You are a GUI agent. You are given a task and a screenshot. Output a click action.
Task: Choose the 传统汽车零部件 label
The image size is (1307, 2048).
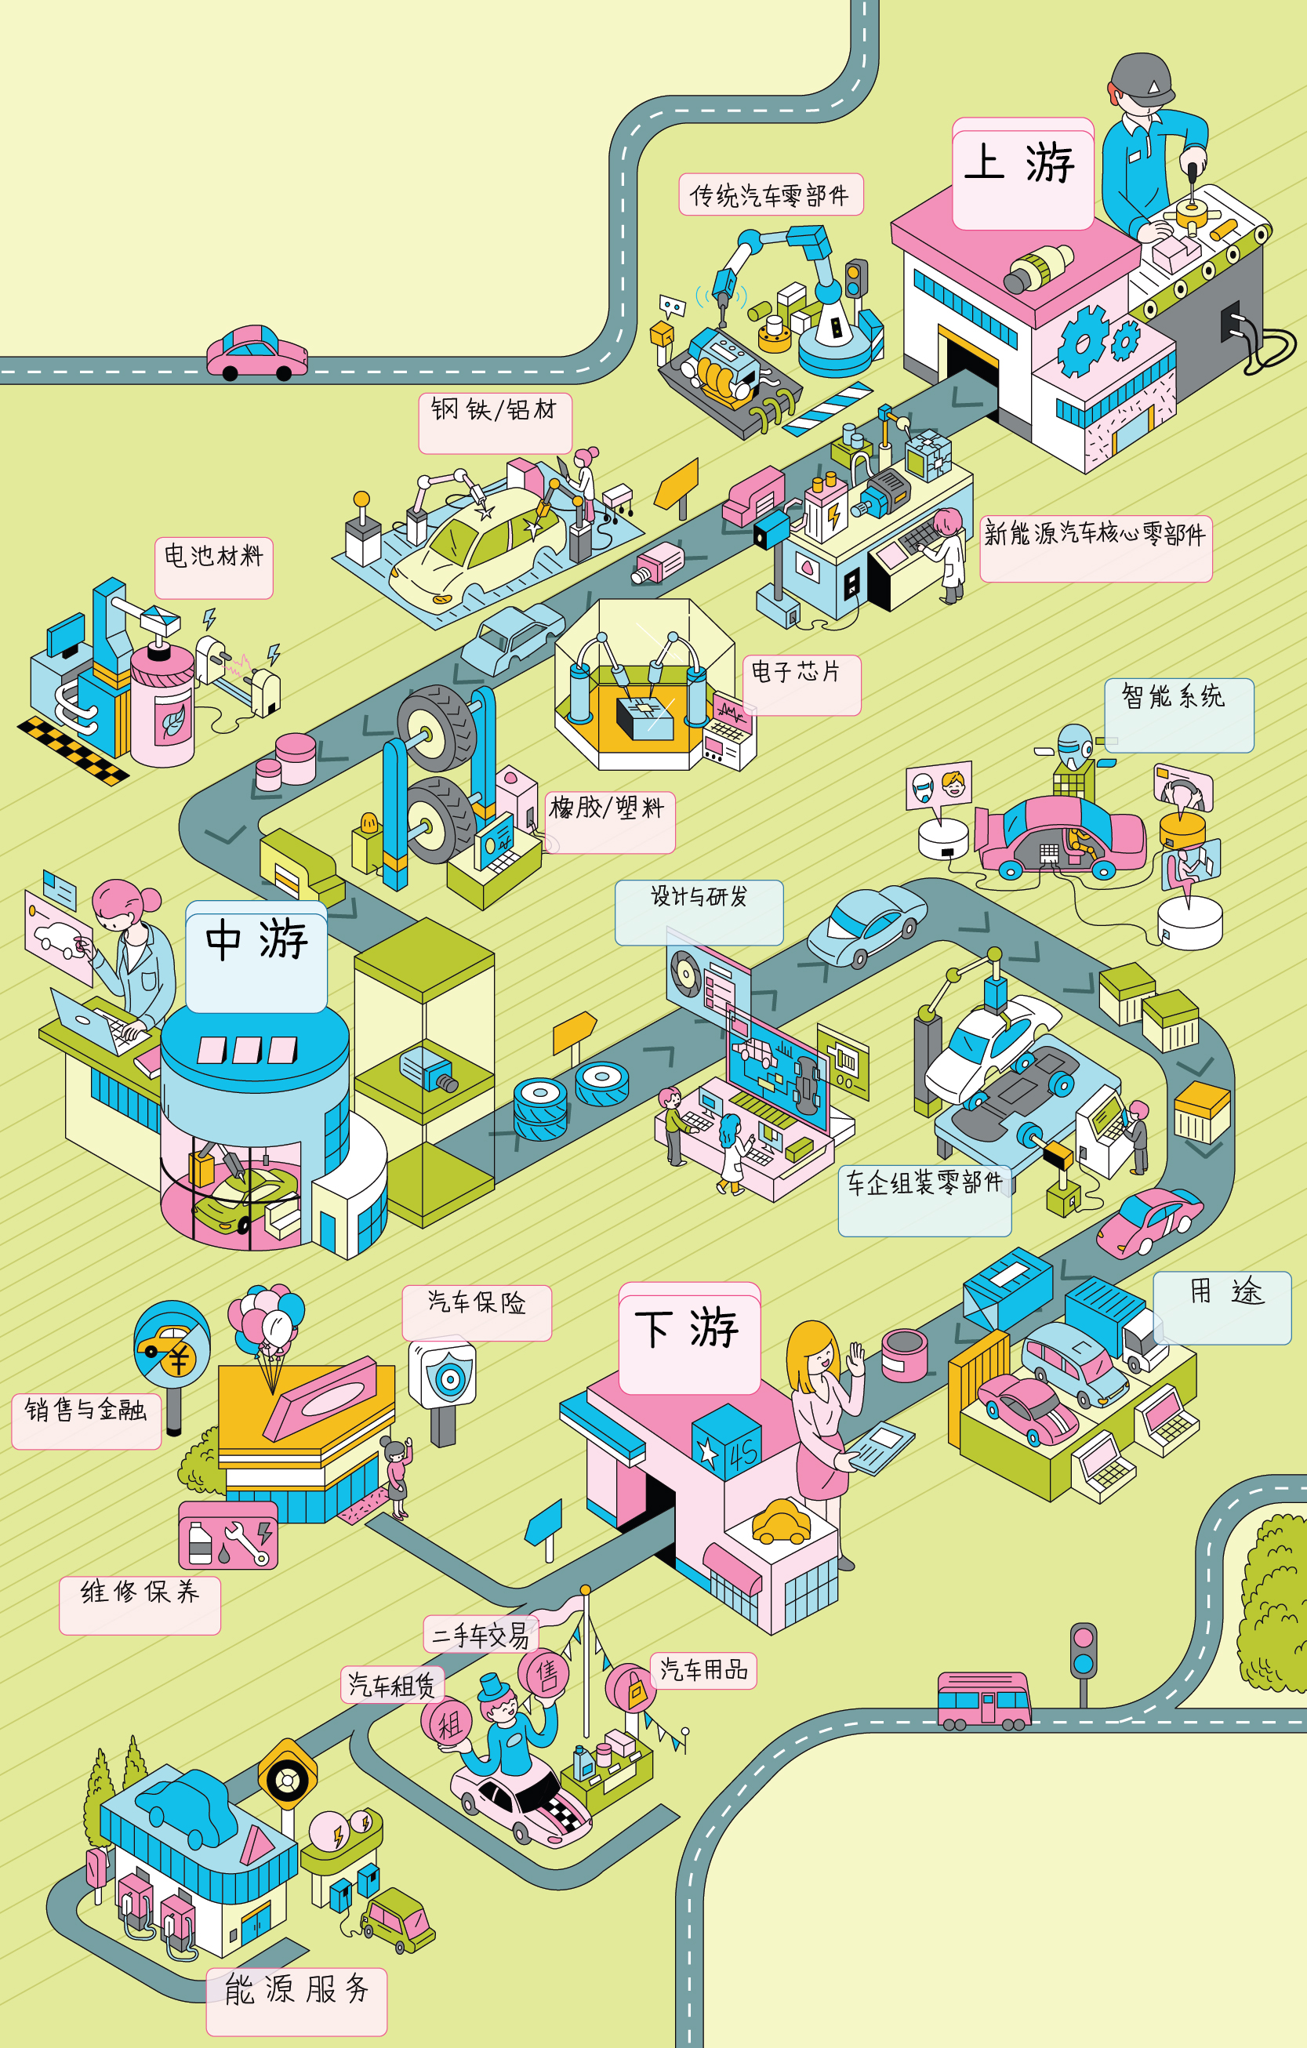[771, 194]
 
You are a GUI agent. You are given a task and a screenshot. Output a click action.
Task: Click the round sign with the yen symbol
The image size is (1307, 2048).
[172, 1343]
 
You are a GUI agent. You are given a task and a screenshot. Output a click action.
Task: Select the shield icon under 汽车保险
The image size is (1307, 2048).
[448, 1379]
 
